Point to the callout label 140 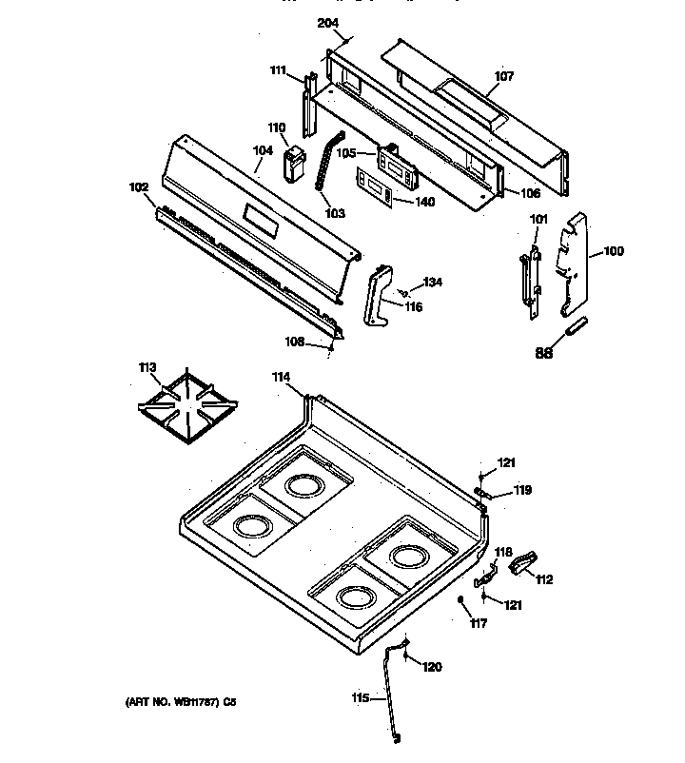click(423, 202)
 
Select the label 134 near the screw click(433, 282)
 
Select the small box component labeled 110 click(295, 164)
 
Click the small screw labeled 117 click(460, 600)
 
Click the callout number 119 click(522, 491)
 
